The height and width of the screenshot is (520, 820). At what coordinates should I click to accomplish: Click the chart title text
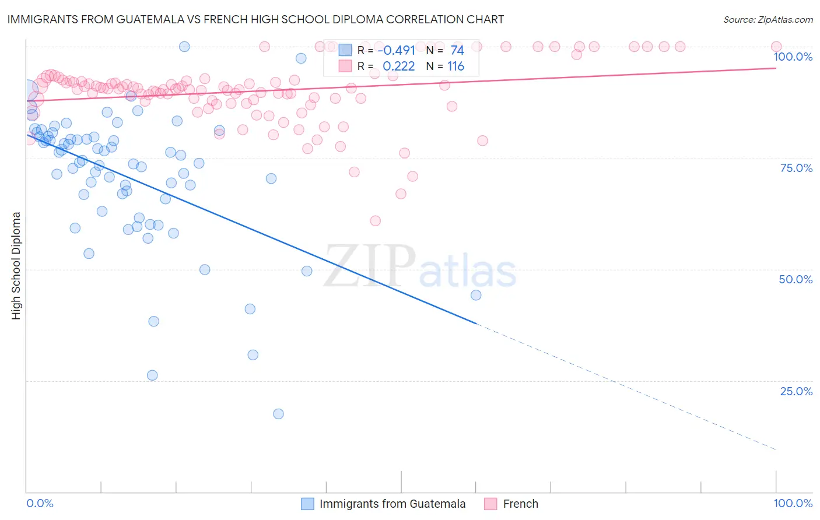[x=255, y=19]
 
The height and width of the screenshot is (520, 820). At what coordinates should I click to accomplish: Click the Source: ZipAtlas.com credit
[x=768, y=19]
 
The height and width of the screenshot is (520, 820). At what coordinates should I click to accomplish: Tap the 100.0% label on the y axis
[x=793, y=57]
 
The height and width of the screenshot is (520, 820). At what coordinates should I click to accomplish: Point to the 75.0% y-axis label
[x=796, y=168]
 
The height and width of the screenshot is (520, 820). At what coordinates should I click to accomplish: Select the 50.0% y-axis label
[x=796, y=279]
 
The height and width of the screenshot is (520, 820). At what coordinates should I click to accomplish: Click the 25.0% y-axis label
[x=796, y=391]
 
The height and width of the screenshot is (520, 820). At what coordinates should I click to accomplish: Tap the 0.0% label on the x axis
[x=40, y=503]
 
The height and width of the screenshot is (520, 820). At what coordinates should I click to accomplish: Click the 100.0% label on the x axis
[x=793, y=503]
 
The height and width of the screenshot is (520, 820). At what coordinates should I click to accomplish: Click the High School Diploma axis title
[x=16, y=265]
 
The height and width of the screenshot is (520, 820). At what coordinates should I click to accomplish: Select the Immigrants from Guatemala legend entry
[x=392, y=504]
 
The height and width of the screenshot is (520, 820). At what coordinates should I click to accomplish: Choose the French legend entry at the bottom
[x=520, y=504]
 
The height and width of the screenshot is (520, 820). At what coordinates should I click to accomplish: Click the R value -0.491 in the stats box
[x=396, y=51]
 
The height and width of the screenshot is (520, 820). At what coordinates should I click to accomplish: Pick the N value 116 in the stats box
[x=455, y=66]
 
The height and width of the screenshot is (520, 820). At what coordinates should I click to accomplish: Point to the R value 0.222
[x=399, y=66]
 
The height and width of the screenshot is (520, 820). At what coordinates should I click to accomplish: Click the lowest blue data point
[x=278, y=414]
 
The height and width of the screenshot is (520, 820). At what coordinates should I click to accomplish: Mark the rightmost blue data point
[x=476, y=295]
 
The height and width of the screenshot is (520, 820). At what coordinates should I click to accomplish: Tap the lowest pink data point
[x=375, y=221]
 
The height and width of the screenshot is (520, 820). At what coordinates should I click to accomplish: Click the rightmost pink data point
[x=776, y=47]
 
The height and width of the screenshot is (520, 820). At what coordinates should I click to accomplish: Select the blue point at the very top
[x=184, y=47]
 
